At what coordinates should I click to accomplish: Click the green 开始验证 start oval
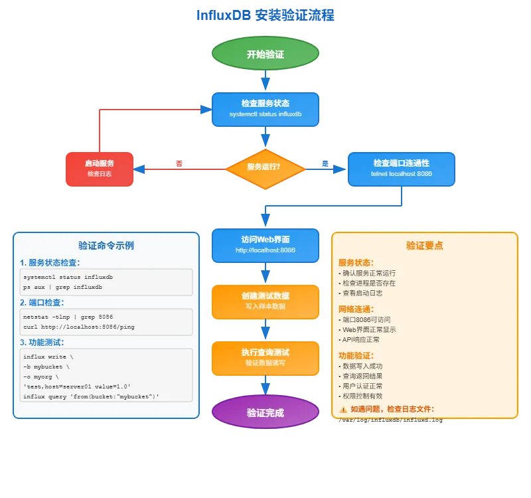point(265,54)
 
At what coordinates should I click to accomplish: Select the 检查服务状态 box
point(265,109)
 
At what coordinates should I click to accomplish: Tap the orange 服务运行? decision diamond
point(264,167)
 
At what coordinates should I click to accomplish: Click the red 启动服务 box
point(100,169)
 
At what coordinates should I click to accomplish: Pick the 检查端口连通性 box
point(401,169)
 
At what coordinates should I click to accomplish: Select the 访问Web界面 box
point(265,245)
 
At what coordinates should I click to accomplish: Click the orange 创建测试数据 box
point(265,301)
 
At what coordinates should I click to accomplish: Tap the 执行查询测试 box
point(265,357)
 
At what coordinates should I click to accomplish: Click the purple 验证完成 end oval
point(265,412)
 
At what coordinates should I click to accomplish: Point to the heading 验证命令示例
point(106,246)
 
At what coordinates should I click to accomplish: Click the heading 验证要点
point(425,246)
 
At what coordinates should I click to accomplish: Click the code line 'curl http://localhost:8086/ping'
point(79,327)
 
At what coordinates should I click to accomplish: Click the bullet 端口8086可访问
point(366,319)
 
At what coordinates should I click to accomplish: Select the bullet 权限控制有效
point(362,396)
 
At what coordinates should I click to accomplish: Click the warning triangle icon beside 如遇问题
point(343,410)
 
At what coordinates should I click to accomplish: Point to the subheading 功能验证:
point(356,355)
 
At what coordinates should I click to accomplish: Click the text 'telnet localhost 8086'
point(401,174)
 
